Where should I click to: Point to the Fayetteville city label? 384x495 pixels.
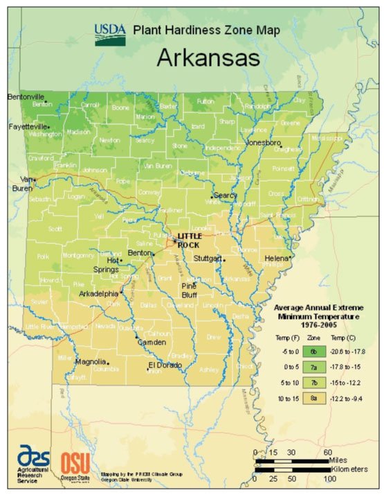coord(27,127)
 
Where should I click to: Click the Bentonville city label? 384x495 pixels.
coord(26,96)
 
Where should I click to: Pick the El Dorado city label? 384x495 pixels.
coord(165,365)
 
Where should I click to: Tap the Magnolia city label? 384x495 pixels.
coord(90,361)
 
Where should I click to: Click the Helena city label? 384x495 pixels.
coord(275,259)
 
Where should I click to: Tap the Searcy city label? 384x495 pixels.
coord(226,195)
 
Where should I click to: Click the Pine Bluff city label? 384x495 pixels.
coord(189,289)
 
